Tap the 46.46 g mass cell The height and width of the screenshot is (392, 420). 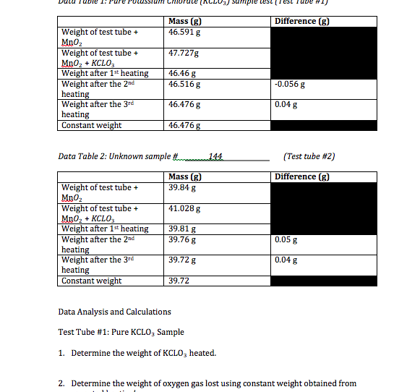click(181, 74)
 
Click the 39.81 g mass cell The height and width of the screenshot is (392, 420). click(181, 229)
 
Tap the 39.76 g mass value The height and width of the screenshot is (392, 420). click(181, 239)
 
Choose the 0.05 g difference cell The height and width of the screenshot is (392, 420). click(286, 239)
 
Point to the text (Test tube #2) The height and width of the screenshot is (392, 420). click(309, 156)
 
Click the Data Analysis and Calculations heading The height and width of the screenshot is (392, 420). click(114, 312)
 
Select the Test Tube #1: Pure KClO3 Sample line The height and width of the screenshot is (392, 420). click(121, 332)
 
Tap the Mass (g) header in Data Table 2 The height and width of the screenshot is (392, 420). click(184, 177)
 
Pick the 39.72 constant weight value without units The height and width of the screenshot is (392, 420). click(178, 281)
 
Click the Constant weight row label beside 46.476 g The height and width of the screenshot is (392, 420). click(92, 125)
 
